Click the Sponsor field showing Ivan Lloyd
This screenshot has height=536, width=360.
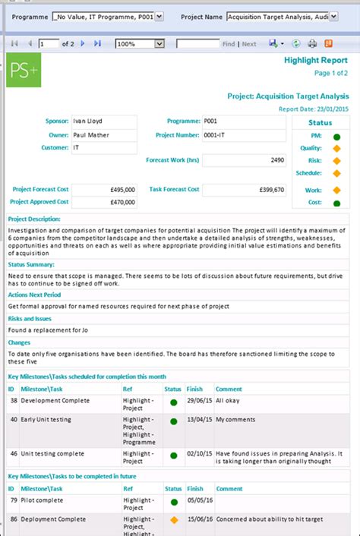[x=103, y=121]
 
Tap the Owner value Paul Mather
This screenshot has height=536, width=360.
[x=103, y=134]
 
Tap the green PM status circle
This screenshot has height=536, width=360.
[x=336, y=137]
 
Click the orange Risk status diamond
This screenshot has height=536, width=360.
[x=336, y=161]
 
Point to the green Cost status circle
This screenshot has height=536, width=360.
[x=336, y=203]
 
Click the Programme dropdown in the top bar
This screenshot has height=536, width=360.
[x=107, y=16]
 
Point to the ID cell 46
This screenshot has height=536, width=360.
[x=12, y=453]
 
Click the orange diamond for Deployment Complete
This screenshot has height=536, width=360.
[x=174, y=520]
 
